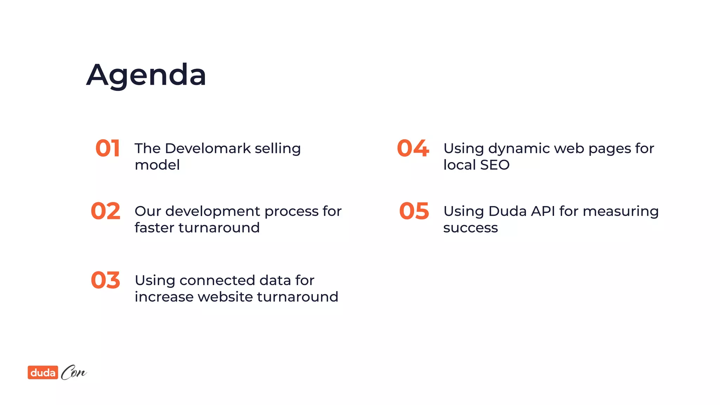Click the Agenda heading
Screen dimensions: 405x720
146,75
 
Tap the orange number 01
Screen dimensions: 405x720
108,148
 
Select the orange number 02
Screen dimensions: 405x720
105,211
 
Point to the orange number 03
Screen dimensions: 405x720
105,280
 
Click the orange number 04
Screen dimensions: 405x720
413,148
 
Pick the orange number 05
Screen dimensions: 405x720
414,211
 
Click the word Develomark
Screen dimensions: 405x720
208,148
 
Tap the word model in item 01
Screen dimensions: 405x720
157,165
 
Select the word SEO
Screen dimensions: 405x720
495,165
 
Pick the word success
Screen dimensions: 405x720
470,228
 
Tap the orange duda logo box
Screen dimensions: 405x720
43,372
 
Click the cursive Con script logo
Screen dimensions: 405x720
73,372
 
